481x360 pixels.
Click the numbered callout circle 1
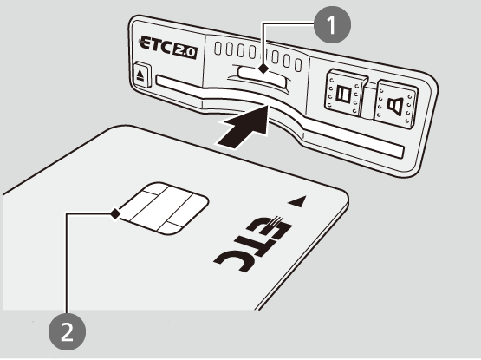click(332, 24)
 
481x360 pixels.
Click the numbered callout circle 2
click(68, 331)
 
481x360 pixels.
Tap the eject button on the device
click(140, 75)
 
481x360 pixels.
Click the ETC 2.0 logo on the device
click(168, 48)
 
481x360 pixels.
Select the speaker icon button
click(396, 104)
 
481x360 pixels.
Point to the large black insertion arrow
click(245, 127)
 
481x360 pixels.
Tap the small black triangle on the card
click(297, 201)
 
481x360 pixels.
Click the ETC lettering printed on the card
click(253, 244)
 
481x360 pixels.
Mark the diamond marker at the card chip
click(115, 213)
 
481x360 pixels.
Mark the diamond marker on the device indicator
click(263, 69)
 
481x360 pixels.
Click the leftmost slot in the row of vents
click(218, 49)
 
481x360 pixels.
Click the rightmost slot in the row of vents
click(298, 65)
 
